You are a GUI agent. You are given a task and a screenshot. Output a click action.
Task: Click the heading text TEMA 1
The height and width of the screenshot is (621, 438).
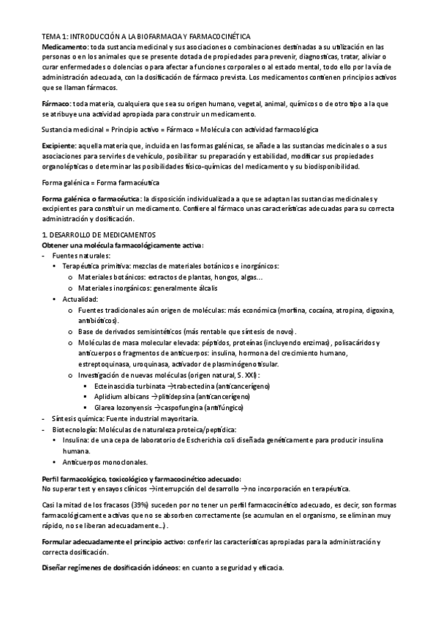tap(56, 36)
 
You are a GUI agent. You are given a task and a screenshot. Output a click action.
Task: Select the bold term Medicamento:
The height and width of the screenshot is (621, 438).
tap(65, 46)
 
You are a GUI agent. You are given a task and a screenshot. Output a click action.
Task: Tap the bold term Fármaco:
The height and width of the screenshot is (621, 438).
tap(56, 105)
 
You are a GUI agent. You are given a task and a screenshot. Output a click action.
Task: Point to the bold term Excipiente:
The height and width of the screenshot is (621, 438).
tap(59, 146)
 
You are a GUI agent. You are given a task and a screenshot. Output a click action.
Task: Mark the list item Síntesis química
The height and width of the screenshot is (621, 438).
tap(80, 418)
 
